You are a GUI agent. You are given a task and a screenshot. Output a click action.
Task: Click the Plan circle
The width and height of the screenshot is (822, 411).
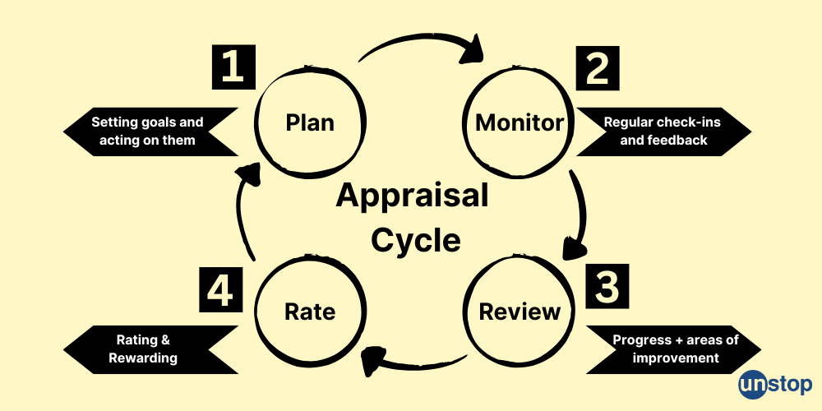pos(310,122)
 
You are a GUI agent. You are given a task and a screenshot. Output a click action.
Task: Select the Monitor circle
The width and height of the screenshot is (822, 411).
pos(520,123)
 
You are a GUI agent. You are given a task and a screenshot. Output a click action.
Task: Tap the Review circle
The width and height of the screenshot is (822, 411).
pos(520,312)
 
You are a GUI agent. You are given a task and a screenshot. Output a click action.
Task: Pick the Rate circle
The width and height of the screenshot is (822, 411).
pos(309,312)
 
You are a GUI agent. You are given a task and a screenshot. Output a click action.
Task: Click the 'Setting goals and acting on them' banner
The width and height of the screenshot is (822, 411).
pos(148,132)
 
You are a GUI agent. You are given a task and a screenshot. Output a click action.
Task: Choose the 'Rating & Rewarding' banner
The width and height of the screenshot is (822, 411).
pos(148,350)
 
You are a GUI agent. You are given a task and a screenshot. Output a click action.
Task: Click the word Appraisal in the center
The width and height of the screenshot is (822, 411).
pos(412,196)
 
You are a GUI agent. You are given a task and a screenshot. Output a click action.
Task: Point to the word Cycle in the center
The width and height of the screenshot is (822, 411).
pos(415,240)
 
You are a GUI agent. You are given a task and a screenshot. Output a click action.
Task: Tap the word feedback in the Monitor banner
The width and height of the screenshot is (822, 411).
pos(676,141)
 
